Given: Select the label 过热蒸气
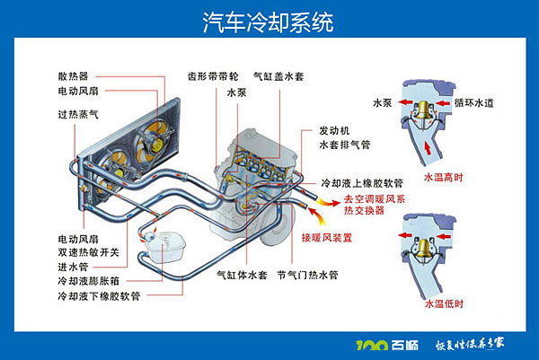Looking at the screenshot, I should [x=78, y=115].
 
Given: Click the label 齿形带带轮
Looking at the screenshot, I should [x=213, y=77].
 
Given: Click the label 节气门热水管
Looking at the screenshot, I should [x=306, y=275].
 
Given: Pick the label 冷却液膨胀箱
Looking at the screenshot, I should [x=89, y=280].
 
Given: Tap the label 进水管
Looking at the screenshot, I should [x=73, y=266].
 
